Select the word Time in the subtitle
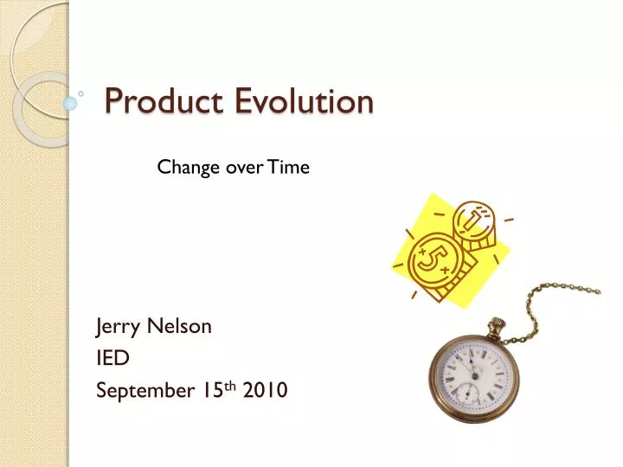pos(288,168)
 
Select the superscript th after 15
pos(231,386)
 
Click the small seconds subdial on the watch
pos(467,394)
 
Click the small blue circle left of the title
pos(71,103)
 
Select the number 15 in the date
pos(212,391)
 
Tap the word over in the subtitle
pos(244,168)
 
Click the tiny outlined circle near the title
pos(80,91)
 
